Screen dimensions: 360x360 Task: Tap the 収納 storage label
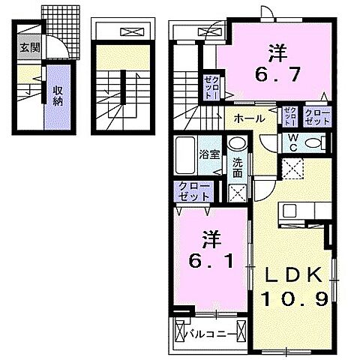point(57,95)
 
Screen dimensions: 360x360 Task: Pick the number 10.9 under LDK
point(295,298)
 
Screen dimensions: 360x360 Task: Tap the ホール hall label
point(247,118)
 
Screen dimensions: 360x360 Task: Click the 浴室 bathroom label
point(209,155)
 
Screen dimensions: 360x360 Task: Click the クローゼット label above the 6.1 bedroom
point(193,191)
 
